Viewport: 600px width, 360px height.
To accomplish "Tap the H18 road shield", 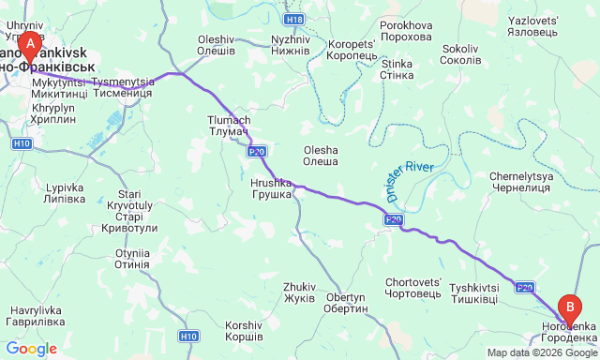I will (x=294, y=19).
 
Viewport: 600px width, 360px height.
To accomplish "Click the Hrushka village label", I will (x=272, y=188).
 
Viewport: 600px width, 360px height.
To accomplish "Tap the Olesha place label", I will (x=321, y=156).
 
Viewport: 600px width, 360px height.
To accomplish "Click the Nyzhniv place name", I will (x=290, y=46).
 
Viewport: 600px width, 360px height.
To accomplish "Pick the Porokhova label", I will (x=406, y=31).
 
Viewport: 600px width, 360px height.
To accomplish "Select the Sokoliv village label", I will (x=460, y=54).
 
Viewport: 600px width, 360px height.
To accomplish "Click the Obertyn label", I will (x=346, y=303).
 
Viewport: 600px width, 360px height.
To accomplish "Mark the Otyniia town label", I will (x=132, y=260).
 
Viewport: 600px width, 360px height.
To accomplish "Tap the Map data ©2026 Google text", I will (x=542, y=353).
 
